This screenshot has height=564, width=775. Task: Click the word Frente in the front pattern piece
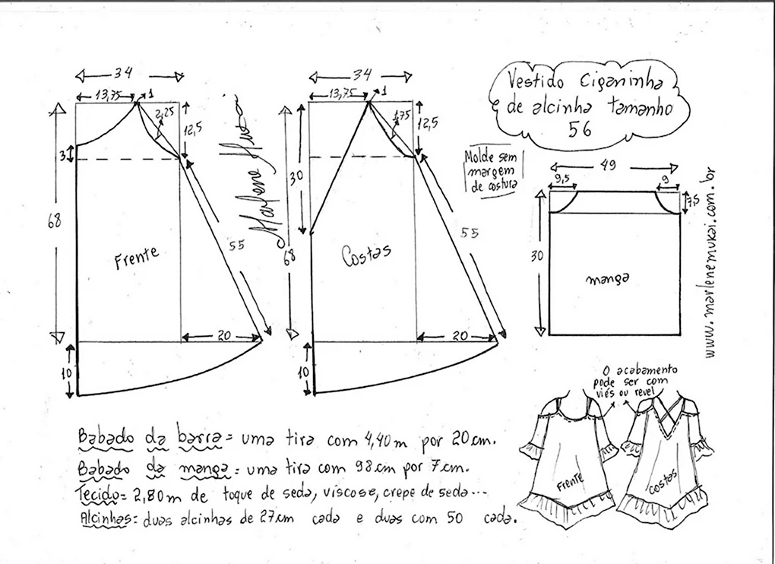click(137, 257)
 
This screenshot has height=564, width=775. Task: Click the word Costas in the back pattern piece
click(366, 254)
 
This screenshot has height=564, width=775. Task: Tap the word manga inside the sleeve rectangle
click(608, 280)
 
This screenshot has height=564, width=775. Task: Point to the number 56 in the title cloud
click(580, 129)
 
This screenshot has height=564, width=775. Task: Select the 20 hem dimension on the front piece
click(224, 336)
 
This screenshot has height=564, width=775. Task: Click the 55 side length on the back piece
click(470, 233)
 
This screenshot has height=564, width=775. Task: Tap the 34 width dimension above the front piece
click(123, 73)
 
